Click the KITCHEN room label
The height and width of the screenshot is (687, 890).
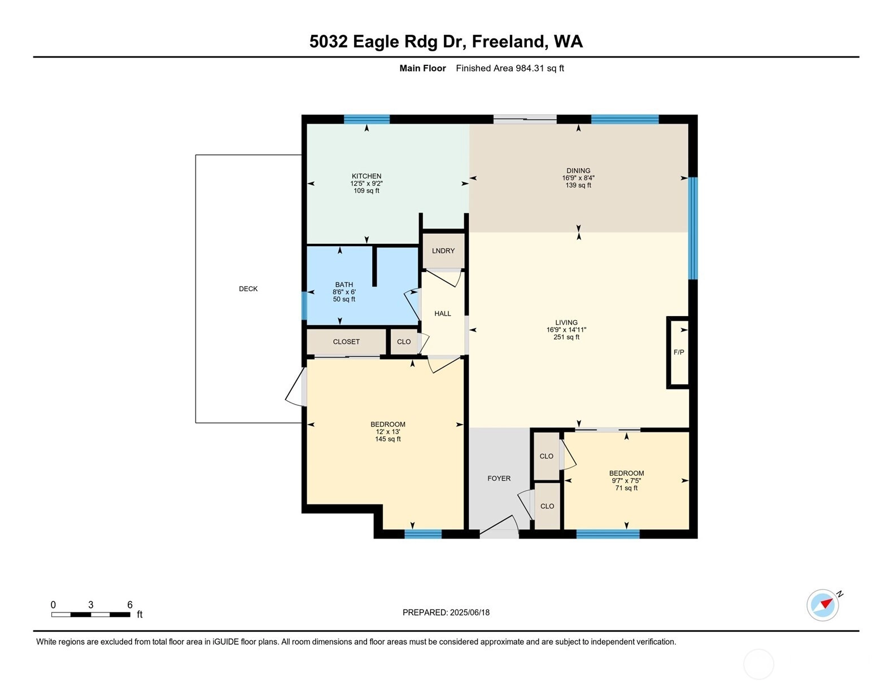[366, 176]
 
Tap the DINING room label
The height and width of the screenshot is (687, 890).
[578, 170]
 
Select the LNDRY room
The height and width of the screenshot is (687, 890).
[443, 251]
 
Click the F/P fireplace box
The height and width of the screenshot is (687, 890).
[678, 352]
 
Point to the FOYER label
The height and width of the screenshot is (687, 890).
[499, 478]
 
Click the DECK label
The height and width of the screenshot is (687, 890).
[248, 288]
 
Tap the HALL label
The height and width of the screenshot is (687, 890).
[442, 314]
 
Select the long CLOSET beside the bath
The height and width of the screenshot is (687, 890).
[346, 342]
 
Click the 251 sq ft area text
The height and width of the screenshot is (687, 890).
[566, 337]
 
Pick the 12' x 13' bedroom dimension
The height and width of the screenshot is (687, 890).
[387, 431]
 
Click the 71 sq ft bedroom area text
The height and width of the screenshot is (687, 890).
[626, 488]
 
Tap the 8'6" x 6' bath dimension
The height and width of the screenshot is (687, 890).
[344, 292]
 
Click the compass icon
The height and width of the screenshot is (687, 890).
[822, 605]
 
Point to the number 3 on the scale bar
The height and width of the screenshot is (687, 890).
[90, 605]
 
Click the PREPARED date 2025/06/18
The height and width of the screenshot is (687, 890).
[469, 612]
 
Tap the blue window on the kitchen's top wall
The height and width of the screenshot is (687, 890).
[367, 119]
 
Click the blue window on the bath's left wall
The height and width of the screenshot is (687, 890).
[304, 305]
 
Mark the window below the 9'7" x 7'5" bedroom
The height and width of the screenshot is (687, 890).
[608, 534]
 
